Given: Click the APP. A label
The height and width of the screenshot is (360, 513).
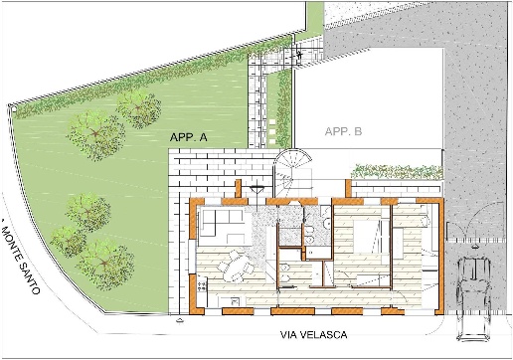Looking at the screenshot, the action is click(188, 137).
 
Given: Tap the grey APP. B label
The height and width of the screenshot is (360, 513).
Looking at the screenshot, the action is click(343, 131).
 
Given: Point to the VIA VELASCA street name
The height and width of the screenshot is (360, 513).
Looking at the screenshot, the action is click(314, 335).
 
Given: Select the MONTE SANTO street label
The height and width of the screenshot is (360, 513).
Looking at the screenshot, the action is click(21, 256).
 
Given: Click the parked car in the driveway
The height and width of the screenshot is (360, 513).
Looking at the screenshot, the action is click(474, 299).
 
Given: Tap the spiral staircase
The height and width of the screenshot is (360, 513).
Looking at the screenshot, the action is click(292, 169).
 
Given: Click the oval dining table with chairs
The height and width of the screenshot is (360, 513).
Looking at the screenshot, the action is click(235, 267).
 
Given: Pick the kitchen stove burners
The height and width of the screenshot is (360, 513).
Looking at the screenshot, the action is click(202, 287).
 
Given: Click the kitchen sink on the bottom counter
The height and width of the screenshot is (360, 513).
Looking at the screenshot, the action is click(235, 301).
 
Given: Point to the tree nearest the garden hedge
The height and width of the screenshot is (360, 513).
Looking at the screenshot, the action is click(138, 109).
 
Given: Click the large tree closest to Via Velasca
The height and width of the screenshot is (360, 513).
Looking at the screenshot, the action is click(105, 265).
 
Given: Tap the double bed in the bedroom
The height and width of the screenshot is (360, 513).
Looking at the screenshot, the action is click(367, 237).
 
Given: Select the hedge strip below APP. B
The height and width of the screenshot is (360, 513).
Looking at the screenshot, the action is click(397, 172).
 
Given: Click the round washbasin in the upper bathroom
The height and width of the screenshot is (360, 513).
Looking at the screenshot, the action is click(327, 225).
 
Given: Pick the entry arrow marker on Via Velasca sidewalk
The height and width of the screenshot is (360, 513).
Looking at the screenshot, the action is click(180, 320).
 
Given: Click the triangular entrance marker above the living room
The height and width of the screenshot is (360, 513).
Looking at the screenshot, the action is click(256, 190).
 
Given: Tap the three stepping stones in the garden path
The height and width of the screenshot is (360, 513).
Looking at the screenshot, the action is click(272, 131).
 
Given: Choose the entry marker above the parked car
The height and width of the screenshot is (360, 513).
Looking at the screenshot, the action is click(475, 246).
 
